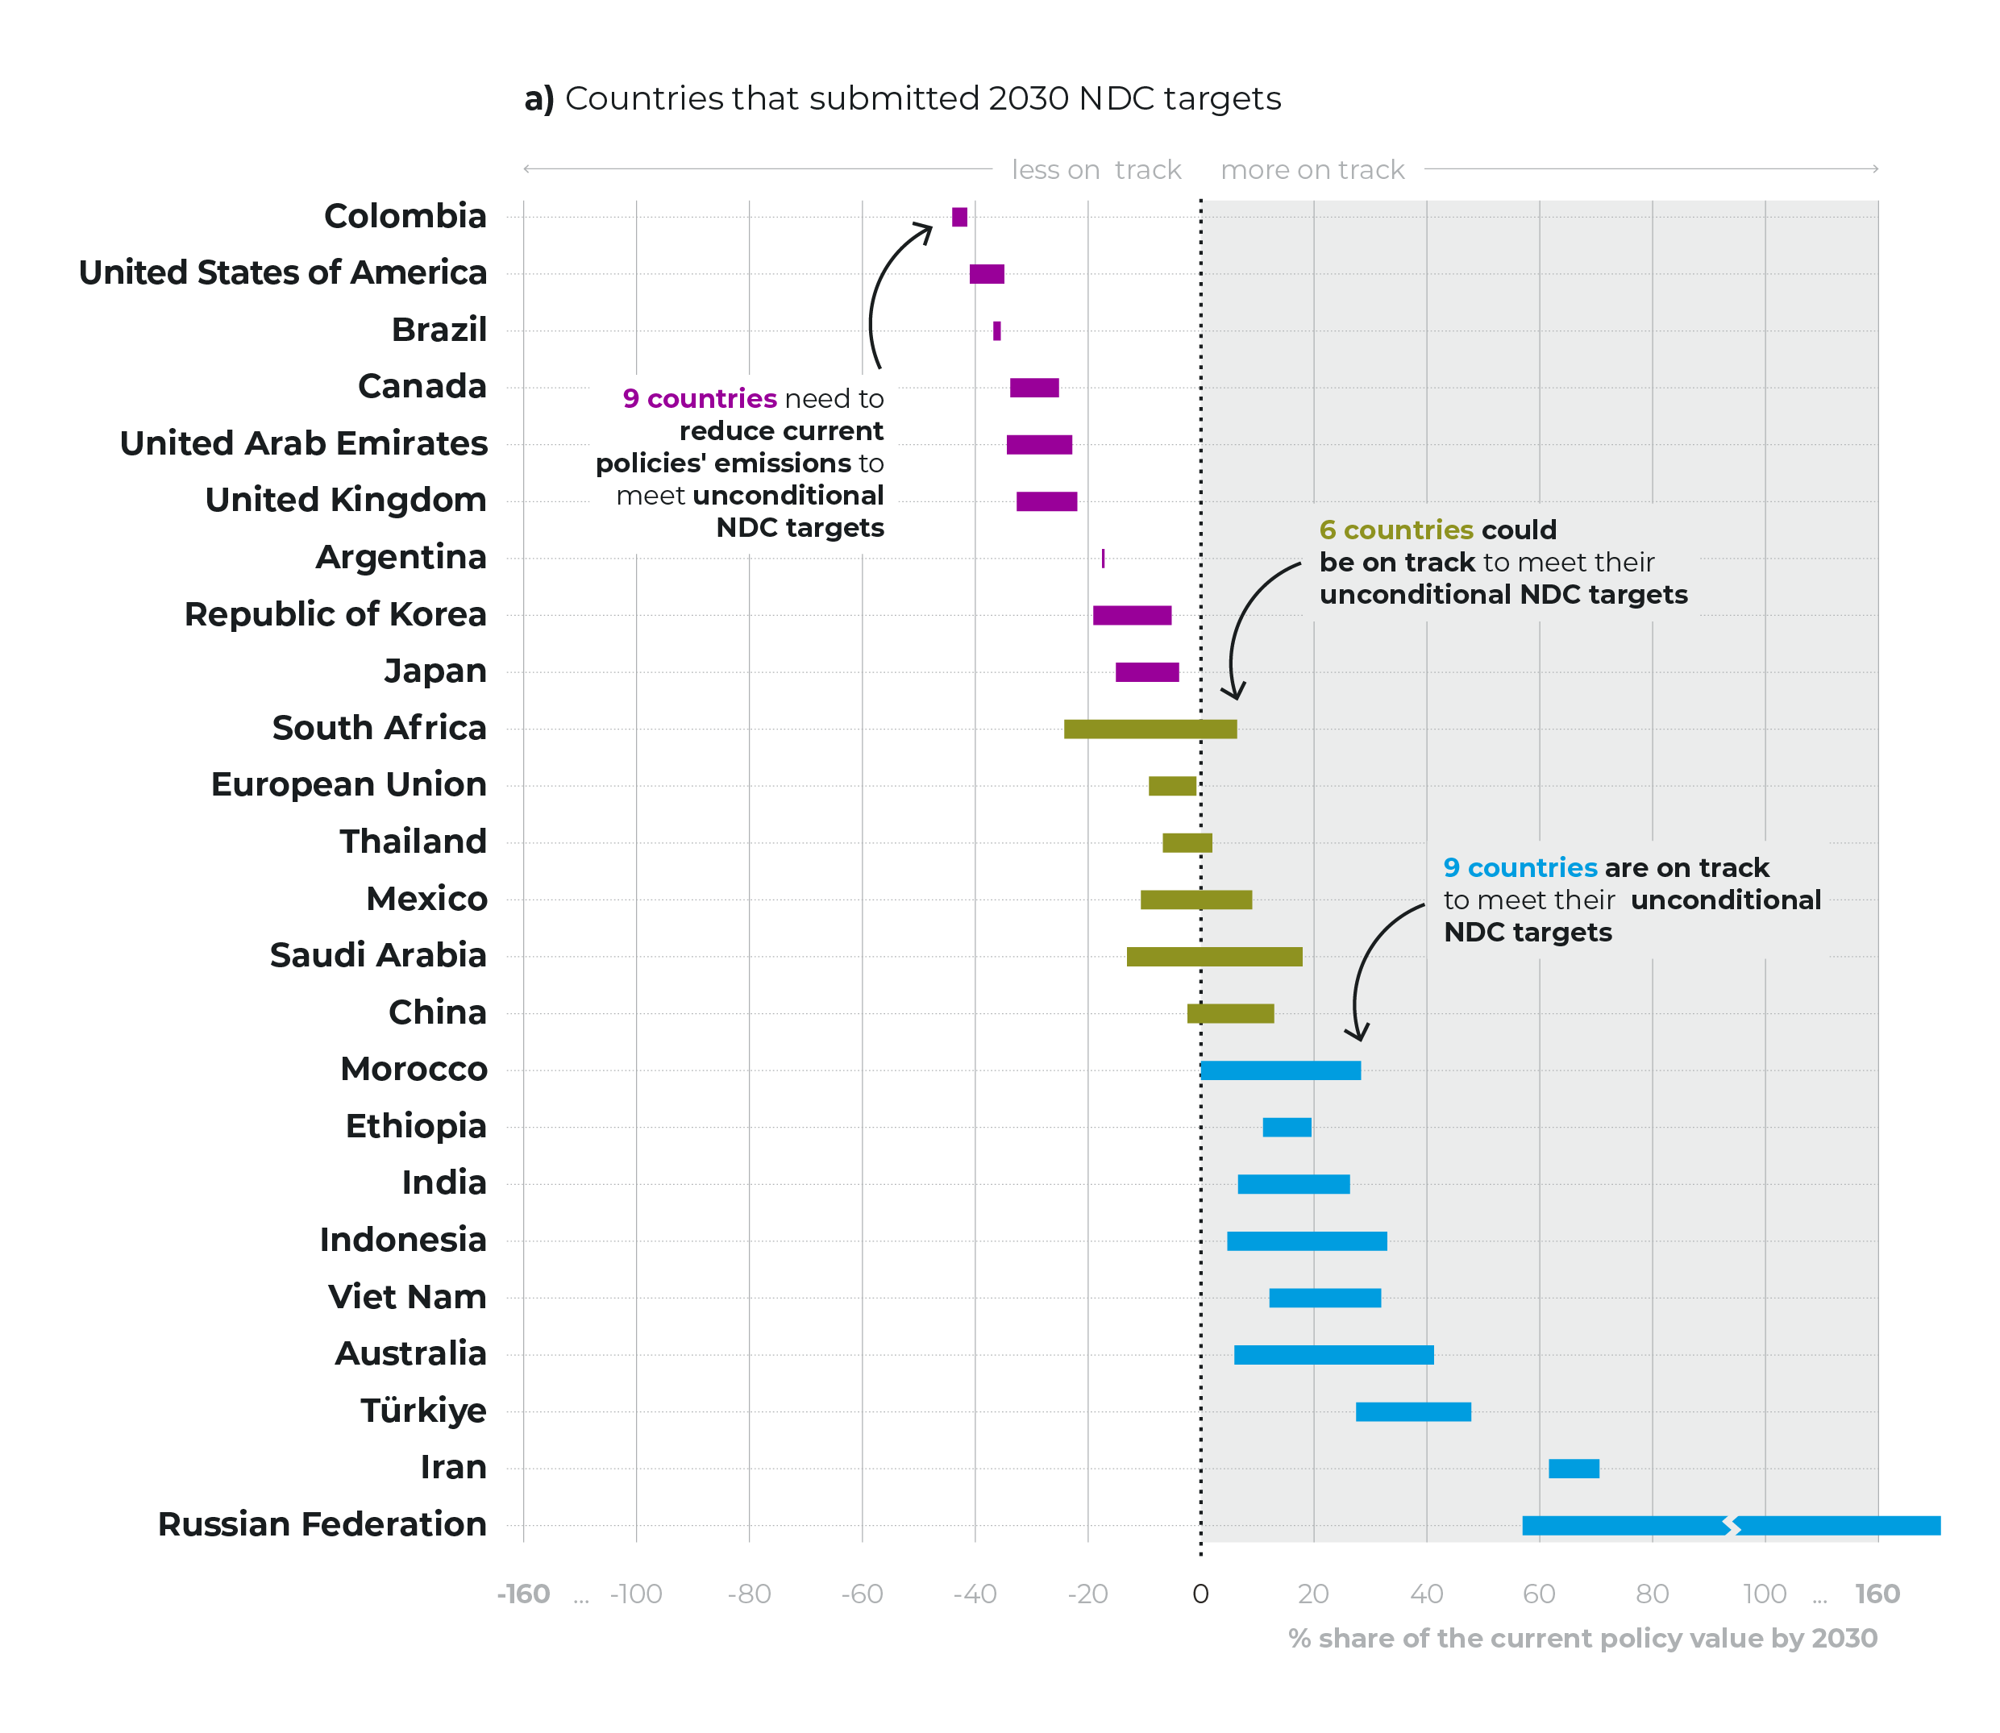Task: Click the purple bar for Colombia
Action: click(958, 217)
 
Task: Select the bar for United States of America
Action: click(987, 274)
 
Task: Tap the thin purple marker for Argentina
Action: click(1103, 558)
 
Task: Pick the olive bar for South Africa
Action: click(1149, 729)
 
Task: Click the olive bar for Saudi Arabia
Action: click(1214, 957)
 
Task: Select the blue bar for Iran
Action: click(1574, 1468)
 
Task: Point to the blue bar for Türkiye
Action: click(1413, 1412)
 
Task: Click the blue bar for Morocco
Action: click(1280, 1070)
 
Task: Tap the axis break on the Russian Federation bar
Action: click(1732, 1526)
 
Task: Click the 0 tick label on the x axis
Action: click(1200, 1594)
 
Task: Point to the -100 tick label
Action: click(635, 1594)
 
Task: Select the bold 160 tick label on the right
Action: click(1877, 1594)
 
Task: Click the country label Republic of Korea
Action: click(335, 614)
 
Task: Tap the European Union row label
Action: click(348, 784)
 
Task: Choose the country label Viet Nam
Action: click(406, 1297)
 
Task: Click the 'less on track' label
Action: click(1096, 170)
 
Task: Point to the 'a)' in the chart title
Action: click(538, 98)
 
